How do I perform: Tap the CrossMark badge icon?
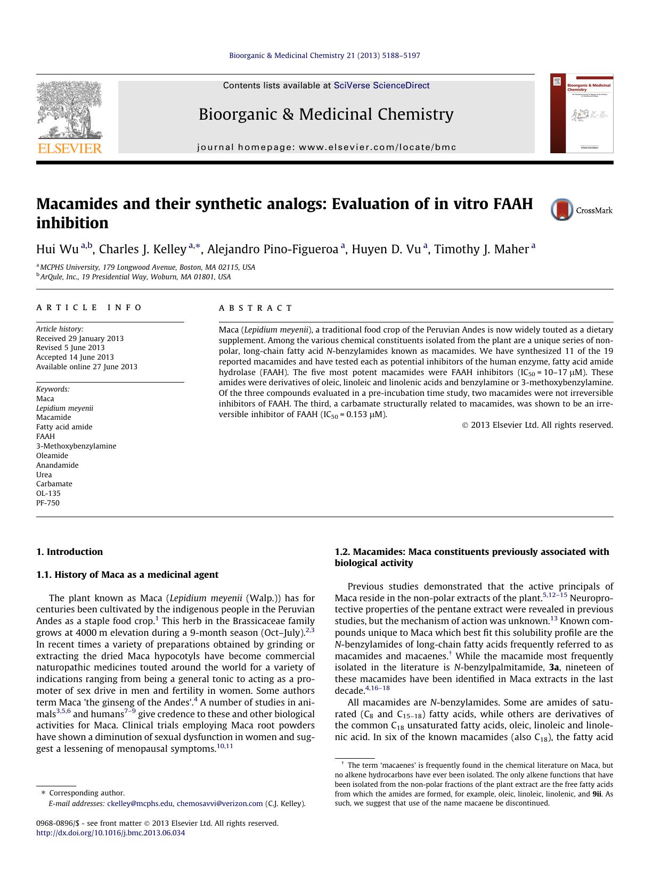562,210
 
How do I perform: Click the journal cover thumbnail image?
582,113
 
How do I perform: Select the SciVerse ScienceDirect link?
381,86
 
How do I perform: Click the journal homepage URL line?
327,147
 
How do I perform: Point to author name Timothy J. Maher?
481,249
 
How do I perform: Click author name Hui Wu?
57,249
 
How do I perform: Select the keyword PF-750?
48,503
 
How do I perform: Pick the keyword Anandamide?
57,465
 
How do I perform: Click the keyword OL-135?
48,493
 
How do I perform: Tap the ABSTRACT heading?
256,308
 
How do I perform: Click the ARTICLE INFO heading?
89,308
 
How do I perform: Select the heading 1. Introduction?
69,552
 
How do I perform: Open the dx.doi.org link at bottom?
110,833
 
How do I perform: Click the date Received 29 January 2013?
80,338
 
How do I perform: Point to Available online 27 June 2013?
86,367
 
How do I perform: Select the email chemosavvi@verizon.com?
219,803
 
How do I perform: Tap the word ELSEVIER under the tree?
69,148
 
